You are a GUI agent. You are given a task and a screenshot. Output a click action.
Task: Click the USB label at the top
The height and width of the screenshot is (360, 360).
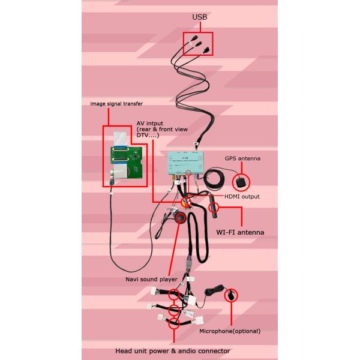tap(199, 18)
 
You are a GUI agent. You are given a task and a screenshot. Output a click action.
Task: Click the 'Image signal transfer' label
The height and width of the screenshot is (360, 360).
tap(116, 103)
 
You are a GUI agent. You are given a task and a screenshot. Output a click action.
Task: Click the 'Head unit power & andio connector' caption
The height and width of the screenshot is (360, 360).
tap(172, 351)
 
